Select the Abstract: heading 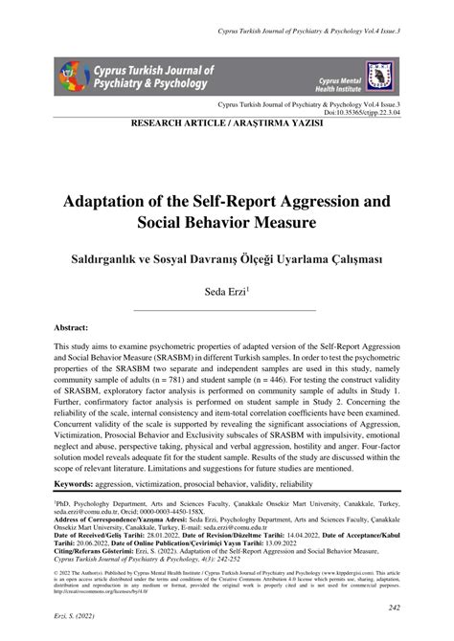tap(79, 326)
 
